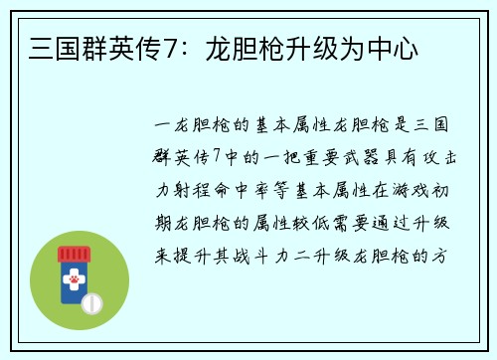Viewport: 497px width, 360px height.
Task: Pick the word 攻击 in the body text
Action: [431, 157]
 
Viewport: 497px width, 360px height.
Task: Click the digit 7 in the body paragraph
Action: [217, 157]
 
